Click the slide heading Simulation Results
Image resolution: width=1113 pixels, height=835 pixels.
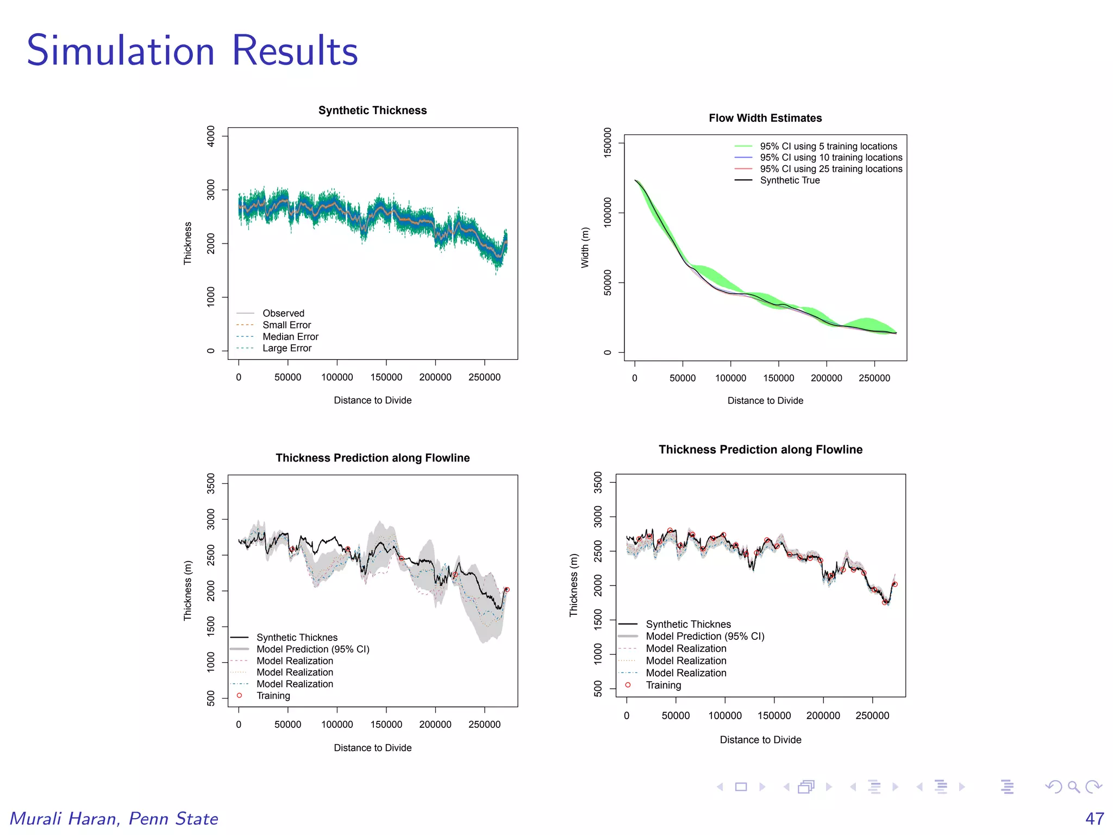pos(192,51)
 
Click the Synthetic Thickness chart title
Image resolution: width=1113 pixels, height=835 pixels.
pos(372,110)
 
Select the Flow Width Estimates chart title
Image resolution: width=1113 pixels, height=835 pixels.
pos(765,118)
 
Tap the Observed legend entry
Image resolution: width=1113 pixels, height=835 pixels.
pos(283,313)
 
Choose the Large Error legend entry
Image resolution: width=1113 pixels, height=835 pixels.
pos(286,348)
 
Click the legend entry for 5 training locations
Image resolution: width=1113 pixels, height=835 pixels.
pos(828,146)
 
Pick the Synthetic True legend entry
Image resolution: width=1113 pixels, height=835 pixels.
pos(789,180)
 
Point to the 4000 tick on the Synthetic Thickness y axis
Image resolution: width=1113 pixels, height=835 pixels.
pos(211,136)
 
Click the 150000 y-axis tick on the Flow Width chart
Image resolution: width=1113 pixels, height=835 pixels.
pos(608,142)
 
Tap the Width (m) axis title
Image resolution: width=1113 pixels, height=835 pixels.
pos(585,247)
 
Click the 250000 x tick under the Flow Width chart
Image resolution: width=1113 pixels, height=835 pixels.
pos(874,378)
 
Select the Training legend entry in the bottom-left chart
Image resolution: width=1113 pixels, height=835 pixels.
pos(273,696)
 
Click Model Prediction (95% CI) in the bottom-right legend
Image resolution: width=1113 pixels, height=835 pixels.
pos(704,636)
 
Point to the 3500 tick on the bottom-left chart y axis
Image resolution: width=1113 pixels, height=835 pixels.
pos(211,483)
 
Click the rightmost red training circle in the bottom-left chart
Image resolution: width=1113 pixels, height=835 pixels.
pos(507,589)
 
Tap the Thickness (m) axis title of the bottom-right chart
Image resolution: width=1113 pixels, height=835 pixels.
pos(573,585)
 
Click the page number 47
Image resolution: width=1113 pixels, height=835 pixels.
pos(1094,818)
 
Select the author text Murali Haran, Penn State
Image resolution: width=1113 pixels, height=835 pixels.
pos(114,818)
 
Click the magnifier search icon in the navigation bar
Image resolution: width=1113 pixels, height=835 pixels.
pos(1073,787)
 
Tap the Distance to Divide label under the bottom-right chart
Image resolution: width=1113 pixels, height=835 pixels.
pos(760,740)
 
